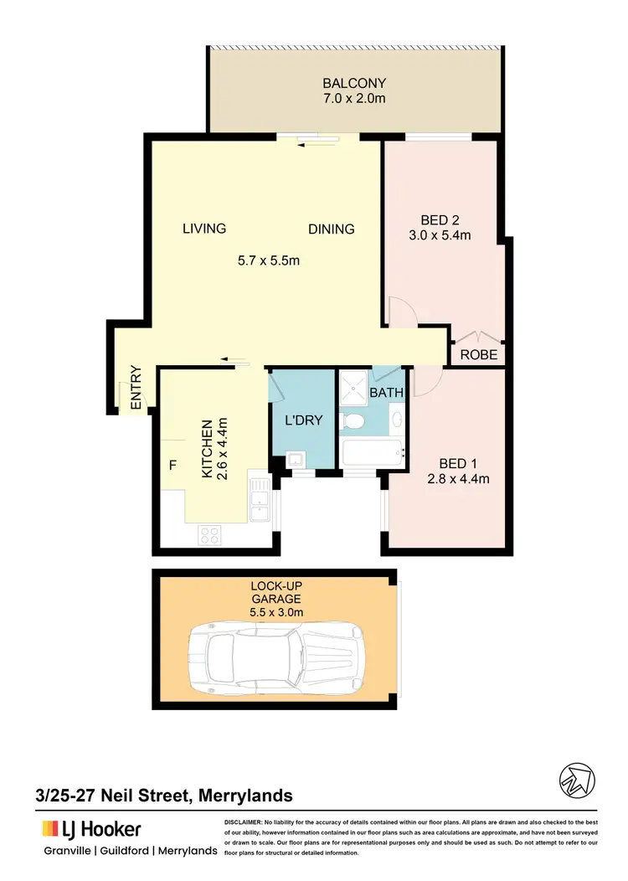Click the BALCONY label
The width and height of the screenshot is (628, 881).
[x=354, y=84]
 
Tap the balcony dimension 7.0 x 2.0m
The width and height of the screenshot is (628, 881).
[x=354, y=99]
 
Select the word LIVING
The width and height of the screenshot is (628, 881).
[x=204, y=229]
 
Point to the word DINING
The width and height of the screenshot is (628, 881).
[x=331, y=229]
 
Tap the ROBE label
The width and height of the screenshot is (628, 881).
[x=479, y=355]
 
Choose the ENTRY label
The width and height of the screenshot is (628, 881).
[x=136, y=389]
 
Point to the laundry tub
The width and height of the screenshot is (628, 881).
[x=294, y=460]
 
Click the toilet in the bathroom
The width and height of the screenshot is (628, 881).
[x=354, y=420]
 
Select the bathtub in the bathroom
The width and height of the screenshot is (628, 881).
[x=372, y=454]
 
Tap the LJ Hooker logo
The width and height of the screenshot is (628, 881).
[x=92, y=829]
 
